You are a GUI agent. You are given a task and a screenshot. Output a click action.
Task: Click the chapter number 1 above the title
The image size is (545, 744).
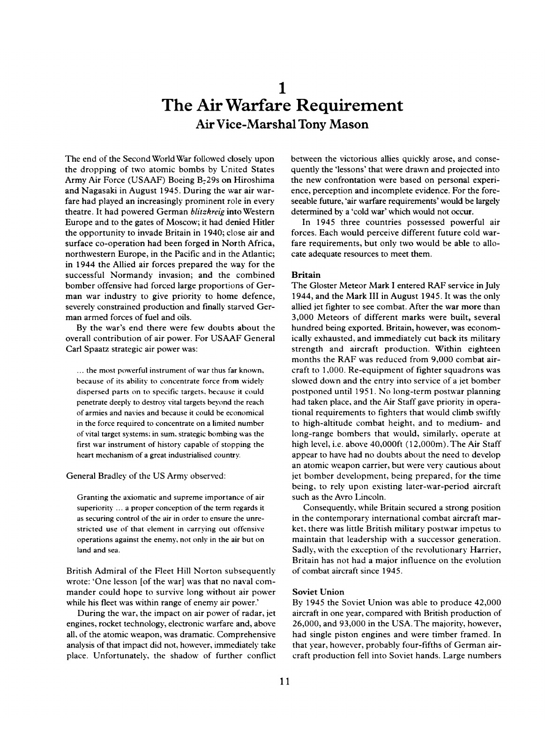(x=281, y=87)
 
